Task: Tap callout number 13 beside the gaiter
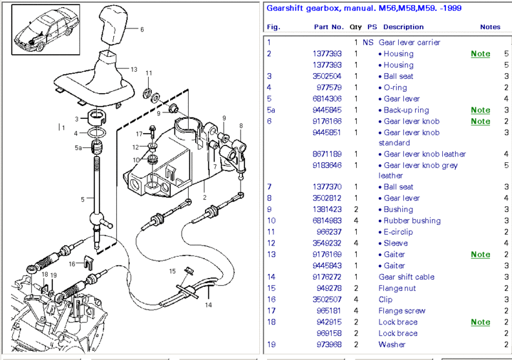coord(134,69)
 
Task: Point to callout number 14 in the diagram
coord(209,304)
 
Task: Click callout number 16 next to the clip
coord(72,264)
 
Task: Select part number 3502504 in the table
coord(327,76)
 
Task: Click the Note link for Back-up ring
coord(480,111)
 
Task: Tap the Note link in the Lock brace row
coord(480,322)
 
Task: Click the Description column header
coord(403,27)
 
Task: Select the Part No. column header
coord(328,27)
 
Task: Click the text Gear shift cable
coord(406,277)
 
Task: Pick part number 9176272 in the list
coord(327,277)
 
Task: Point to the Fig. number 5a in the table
coord(272,111)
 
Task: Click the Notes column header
coord(490,27)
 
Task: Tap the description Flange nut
coord(397,288)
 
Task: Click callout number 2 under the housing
coord(204,197)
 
